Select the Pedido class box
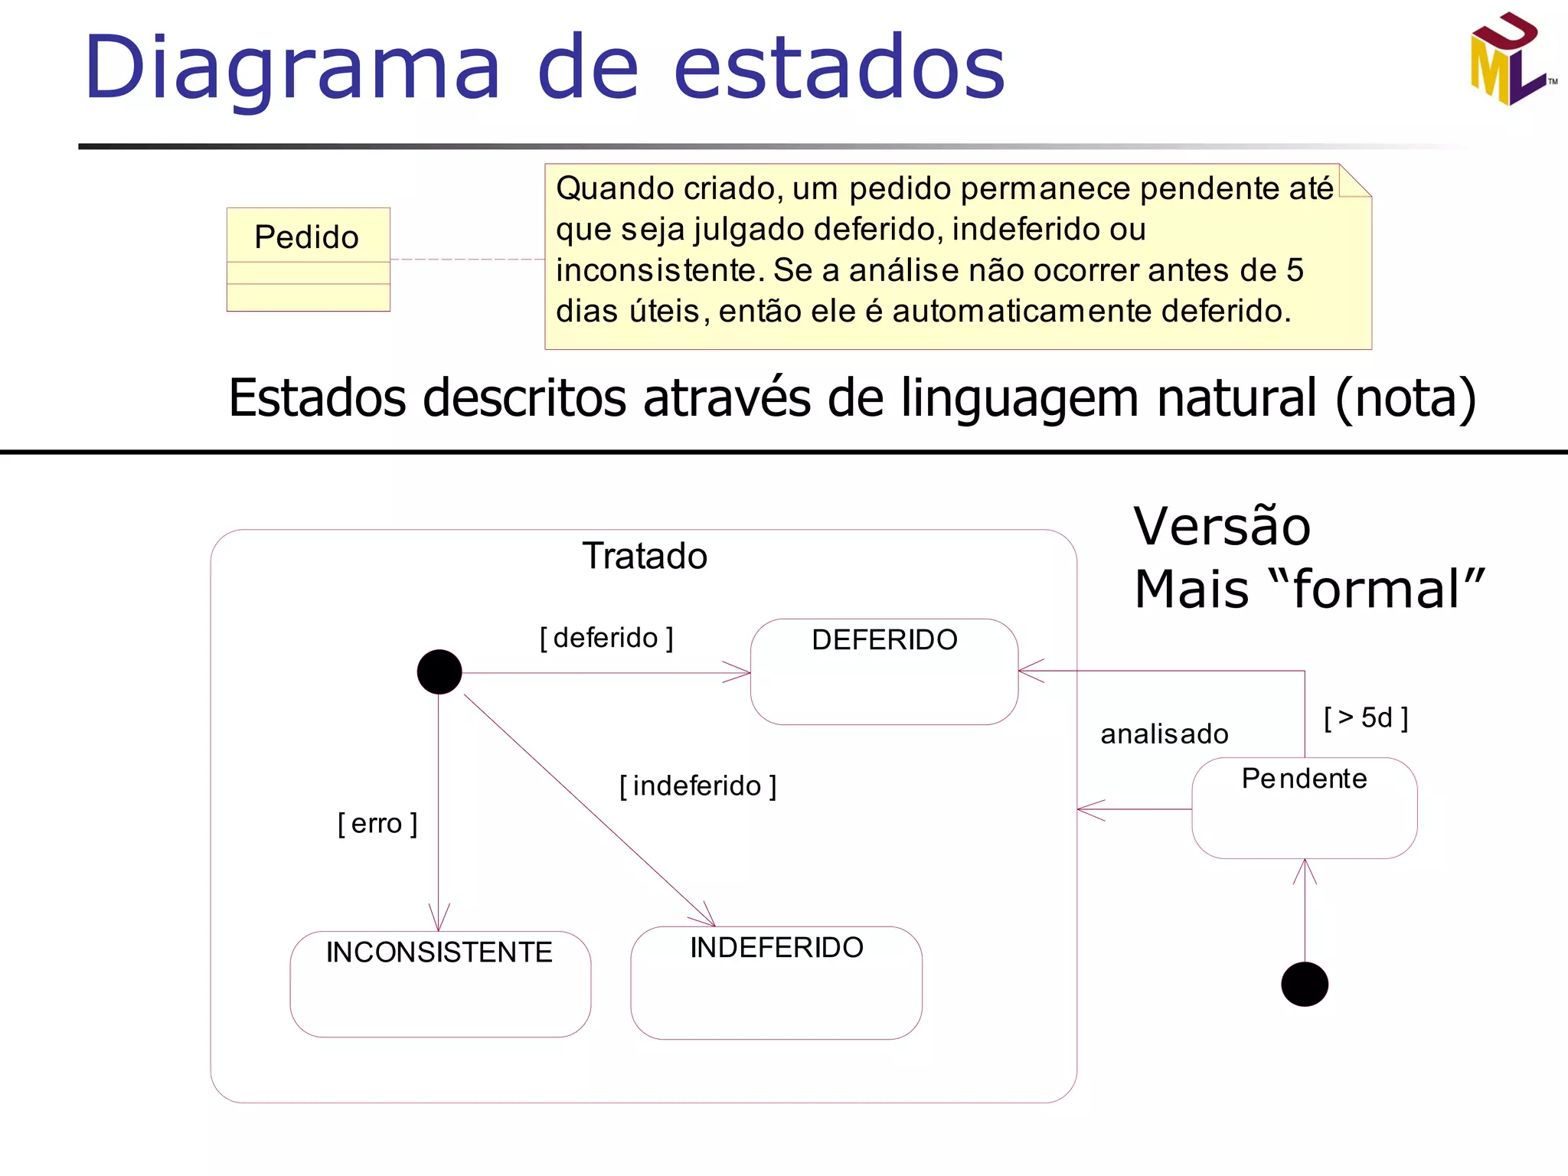pyautogui.click(x=308, y=259)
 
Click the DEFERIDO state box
pyautogui.click(x=884, y=671)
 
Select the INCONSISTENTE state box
pyautogui.click(x=439, y=983)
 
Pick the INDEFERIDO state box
pyautogui.click(x=776, y=982)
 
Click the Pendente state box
pyautogui.click(x=1304, y=807)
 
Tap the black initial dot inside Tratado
pyautogui.click(x=439, y=671)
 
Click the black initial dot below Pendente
pyautogui.click(x=1304, y=984)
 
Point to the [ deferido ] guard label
pyautogui.click(x=606, y=638)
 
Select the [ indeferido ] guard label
pyautogui.click(x=697, y=786)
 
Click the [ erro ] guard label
pyautogui.click(x=377, y=824)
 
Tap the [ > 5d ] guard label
pyautogui.click(x=1366, y=718)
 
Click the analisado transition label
pyautogui.click(x=1164, y=734)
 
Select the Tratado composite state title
pyautogui.click(x=645, y=556)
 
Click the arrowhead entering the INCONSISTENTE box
pyautogui.click(x=439, y=920)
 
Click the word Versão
pyautogui.click(x=1222, y=527)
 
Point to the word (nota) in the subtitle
pyautogui.click(x=1406, y=398)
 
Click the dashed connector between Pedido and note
pyautogui.click(x=467, y=259)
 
